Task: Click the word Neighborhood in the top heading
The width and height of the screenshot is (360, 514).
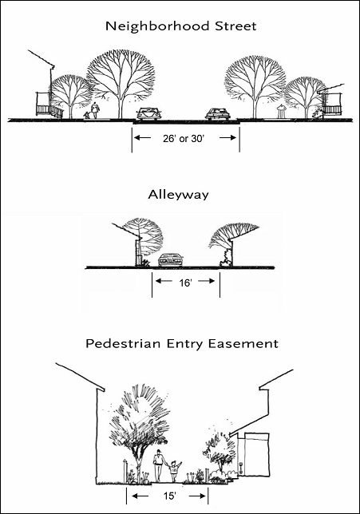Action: coord(157,26)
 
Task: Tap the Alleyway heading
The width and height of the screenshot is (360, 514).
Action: coord(178,195)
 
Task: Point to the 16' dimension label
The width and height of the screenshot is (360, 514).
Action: coord(185,283)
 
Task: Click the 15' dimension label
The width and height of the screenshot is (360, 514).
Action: coord(170,496)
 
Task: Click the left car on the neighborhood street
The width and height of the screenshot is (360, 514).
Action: coord(149,113)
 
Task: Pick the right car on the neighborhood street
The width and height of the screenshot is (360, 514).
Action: coord(218,113)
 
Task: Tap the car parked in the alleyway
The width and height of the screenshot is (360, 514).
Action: coord(172,260)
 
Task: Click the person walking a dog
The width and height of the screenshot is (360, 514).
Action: coord(94,111)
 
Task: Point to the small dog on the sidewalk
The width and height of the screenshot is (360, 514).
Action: coord(86,116)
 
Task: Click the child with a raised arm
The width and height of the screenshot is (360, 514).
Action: coord(174,471)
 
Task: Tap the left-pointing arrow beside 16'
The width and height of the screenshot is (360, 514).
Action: coord(163,281)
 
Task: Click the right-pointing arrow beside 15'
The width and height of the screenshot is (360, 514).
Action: coord(197,496)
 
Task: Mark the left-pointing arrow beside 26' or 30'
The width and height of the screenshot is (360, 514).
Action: coord(142,138)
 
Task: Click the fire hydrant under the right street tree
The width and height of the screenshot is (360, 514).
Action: coord(281,112)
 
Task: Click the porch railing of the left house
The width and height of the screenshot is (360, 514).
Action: coord(49,110)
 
